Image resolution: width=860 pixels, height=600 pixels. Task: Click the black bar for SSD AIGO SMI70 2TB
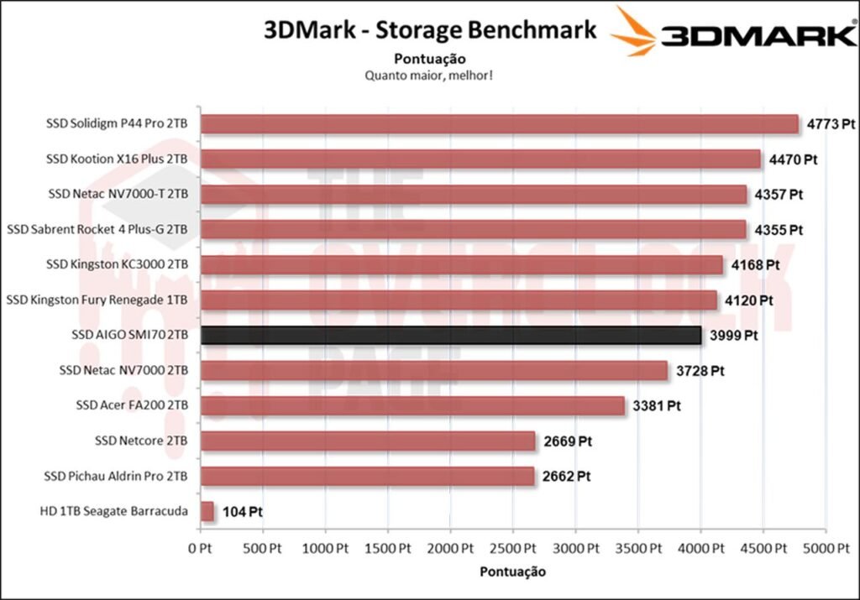(451, 335)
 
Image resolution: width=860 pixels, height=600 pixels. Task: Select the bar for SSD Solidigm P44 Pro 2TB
(499, 124)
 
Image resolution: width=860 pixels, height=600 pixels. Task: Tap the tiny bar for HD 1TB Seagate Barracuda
(207, 511)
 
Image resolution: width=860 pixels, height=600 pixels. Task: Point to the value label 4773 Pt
(831, 124)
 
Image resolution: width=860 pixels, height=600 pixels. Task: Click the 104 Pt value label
(244, 511)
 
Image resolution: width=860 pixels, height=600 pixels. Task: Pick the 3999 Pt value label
(734, 335)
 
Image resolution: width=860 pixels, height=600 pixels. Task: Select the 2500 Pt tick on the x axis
(513, 549)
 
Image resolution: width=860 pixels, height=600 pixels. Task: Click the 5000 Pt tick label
(826, 549)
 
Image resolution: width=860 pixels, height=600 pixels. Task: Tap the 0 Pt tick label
(201, 549)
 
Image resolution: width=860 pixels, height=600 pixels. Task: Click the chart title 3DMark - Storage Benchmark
(430, 30)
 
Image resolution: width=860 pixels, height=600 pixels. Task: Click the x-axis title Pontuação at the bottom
(512, 572)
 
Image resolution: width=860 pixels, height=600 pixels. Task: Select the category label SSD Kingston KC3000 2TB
(118, 264)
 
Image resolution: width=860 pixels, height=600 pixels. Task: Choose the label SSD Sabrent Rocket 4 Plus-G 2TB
(97, 229)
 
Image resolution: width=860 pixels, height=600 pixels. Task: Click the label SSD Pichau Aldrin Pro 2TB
(116, 476)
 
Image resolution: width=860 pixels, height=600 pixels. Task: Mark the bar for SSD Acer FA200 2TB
(412, 405)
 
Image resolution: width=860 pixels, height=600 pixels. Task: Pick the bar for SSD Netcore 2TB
(368, 441)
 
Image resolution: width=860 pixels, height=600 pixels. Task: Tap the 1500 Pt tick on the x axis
(388, 549)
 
